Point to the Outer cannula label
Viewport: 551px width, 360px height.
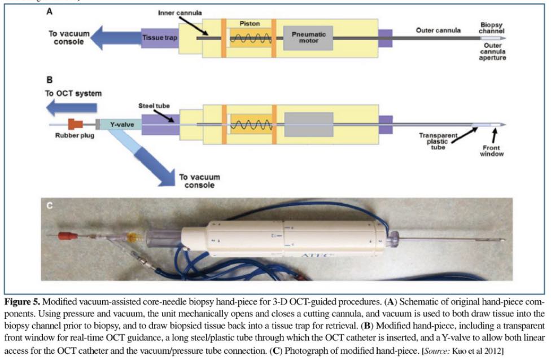point(438,30)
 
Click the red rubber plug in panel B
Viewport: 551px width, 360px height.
point(76,124)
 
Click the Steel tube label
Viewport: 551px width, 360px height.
point(154,105)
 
